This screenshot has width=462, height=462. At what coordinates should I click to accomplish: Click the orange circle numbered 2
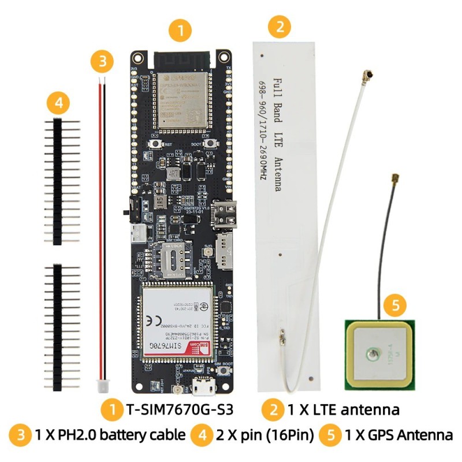tap(280, 26)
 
